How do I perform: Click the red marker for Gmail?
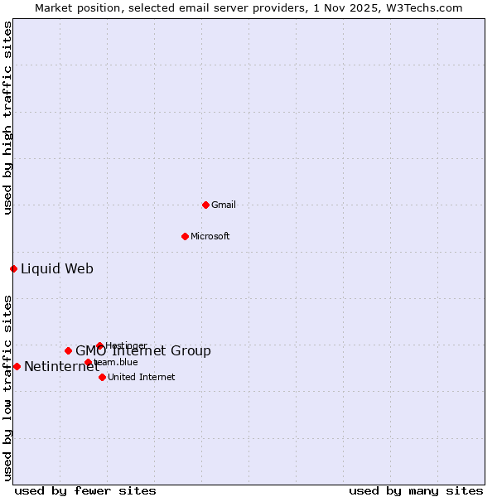click(205, 205)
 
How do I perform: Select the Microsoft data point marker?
click(185, 236)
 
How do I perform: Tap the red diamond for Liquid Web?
click(13, 268)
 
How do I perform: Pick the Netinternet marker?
click(17, 366)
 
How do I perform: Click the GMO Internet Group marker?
click(68, 350)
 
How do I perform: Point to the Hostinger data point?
click(99, 345)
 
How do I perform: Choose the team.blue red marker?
click(88, 362)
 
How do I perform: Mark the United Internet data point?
click(102, 377)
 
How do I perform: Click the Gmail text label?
click(224, 205)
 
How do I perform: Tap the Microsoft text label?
click(210, 236)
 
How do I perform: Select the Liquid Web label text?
click(57, 268)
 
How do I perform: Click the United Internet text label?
click(141, 377)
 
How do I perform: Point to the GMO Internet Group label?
click(143, 351)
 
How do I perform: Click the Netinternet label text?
click(61, 367)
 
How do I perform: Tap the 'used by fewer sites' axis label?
click(85, 490)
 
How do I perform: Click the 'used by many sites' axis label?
click(416, 490)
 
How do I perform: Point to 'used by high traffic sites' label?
click(7, 118)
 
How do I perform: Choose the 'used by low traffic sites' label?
click(7, 388)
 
